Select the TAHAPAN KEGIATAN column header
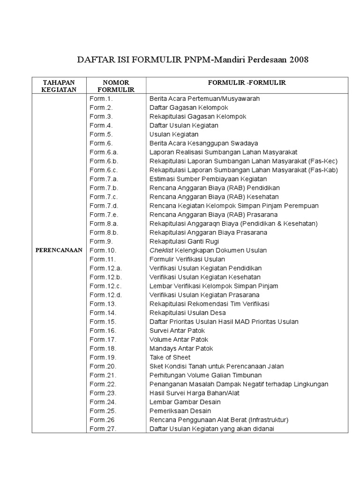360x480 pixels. coord(59,86)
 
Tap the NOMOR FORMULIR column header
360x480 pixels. coord(116,86)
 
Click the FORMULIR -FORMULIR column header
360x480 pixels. coord(247,82)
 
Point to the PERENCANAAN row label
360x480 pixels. coord(59,250)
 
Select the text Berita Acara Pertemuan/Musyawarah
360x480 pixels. coord(204,99)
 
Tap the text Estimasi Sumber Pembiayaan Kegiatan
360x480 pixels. coord(208,179)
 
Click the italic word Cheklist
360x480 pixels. coord(160,250)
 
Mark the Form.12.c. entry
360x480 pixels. coord(105,286)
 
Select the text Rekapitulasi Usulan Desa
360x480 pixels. coord(187,313)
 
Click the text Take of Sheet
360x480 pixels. coord(170,357)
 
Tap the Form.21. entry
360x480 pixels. coord(103,375)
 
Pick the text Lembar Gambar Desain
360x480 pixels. coord(185,402)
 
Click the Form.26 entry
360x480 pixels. coord(102,420)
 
